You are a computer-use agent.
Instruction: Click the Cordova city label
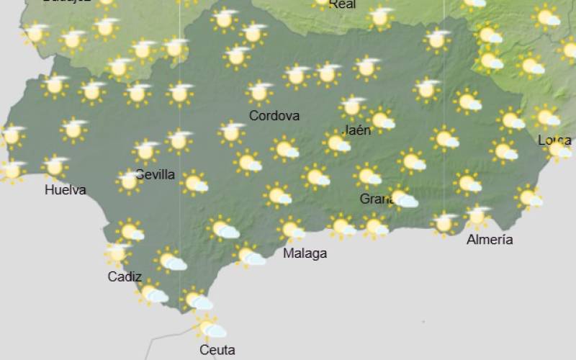pos(274,115)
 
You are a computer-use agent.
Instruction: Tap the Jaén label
pos(358,130)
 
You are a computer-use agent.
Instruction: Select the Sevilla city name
pos(156,174)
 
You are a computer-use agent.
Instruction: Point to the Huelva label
pos(66,190)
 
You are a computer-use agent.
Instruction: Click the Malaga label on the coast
pos(305,253)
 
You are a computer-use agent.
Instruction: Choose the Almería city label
pos(490,240)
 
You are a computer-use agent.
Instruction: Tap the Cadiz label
pos(125,276)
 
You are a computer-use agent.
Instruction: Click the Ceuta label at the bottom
pos(217,350)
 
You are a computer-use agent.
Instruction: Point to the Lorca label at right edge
pos(554,140)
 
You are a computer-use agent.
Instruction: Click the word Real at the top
pos(342,4)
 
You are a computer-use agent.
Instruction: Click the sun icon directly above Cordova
pos(259,92)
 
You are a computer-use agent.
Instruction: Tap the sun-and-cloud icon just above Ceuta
pos(210,328)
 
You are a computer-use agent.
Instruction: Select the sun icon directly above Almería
pos(477,215)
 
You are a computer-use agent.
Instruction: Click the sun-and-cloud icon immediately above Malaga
pos(291,230)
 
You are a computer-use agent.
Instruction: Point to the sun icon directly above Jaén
pos(352,107)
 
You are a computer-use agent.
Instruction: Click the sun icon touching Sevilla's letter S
pos(130,181)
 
